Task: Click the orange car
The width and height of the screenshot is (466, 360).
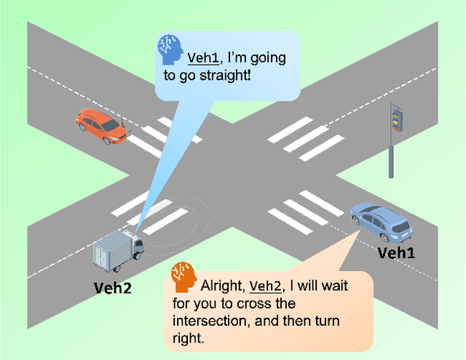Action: [x=101, y=125]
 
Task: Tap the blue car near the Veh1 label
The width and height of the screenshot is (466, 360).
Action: [x=381, y=221]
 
